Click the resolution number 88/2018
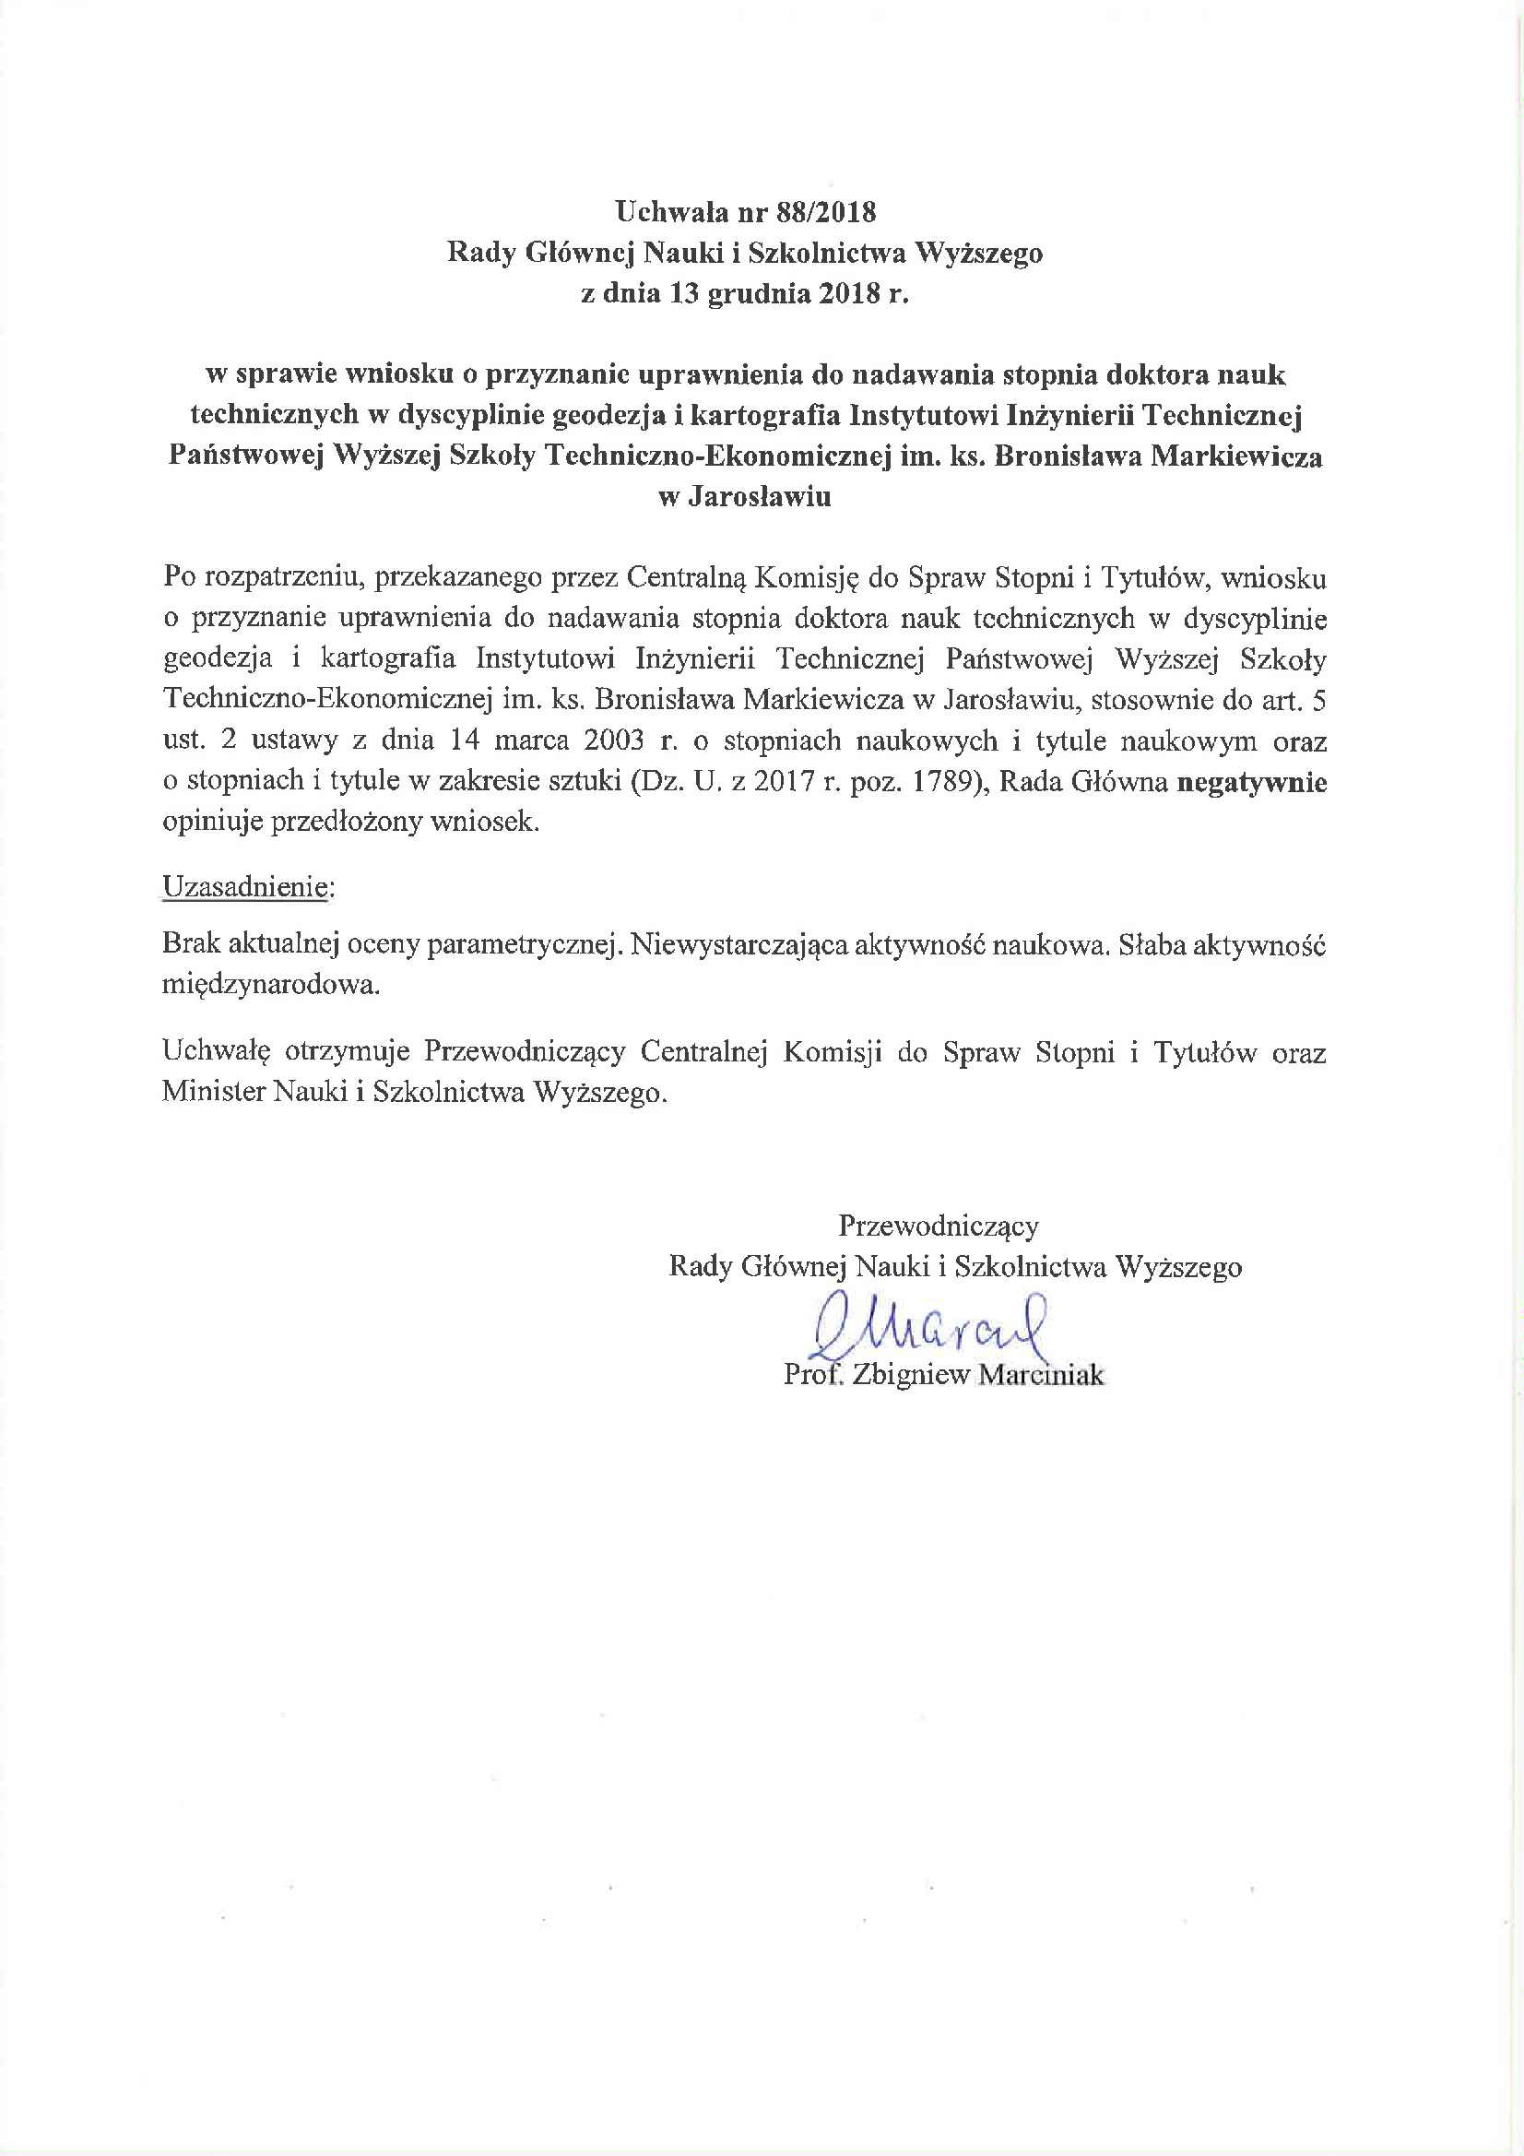[825, 212]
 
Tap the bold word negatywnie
[1252, 782]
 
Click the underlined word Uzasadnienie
[245, 887]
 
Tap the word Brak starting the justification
[191, 943]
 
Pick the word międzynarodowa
[270, 985]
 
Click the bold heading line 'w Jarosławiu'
[746, 497]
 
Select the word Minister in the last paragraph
[212, 1092]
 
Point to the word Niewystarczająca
[739, 943]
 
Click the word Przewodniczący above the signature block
[938, 1226]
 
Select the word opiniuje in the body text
[213, 823]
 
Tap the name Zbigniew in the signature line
[911, 1376]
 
